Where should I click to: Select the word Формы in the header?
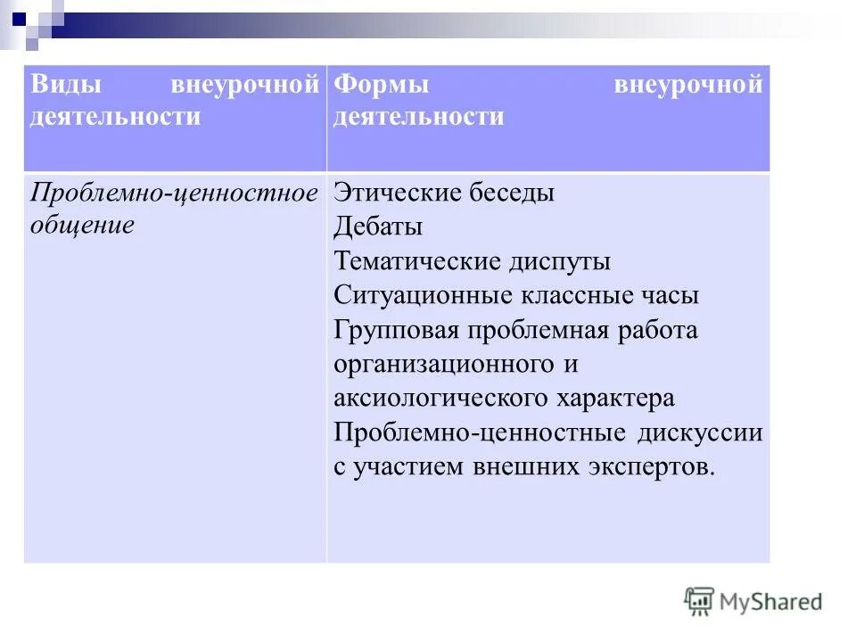pyautogui.click(x=382, y=86)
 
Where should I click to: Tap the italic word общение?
pyautogui.click(x=82, y=225)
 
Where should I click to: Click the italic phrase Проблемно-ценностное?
pyautogui.click(x=175, y=193)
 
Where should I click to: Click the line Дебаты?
pyautogui.click(x=378, y=227)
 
